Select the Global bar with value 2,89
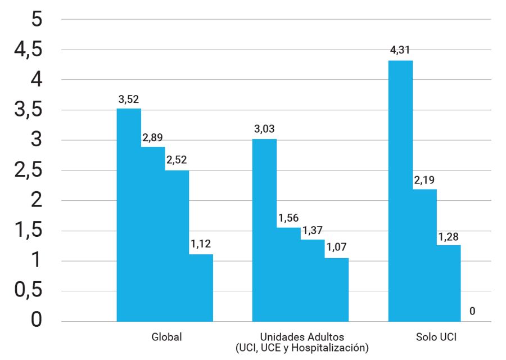coord(153,233)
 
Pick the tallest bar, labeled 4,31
coord(400,191)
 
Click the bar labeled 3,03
coord(264,229)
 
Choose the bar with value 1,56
coord(288,274)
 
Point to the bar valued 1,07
coord(336,289)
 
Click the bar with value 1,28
coord(449,283)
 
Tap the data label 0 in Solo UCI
coord(472,310)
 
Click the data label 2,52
coord(177,160)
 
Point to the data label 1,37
coord(313,230)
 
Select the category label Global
coord(167,337)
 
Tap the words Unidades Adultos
coord(301,337)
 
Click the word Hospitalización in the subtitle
coord(336,348)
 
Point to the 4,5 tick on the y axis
coord(28,50)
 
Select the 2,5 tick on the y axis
coord(28,171)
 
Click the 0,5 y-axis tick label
coord(28,291)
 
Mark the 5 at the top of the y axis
coord(37,20)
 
